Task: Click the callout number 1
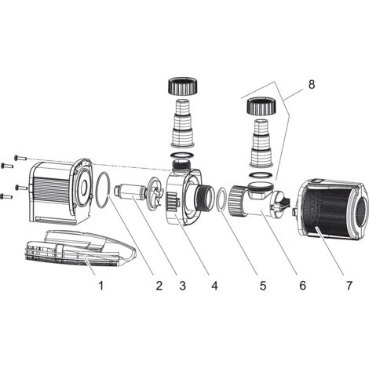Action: [101, 285]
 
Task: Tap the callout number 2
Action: [159, 285]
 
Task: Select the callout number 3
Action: [183, 285]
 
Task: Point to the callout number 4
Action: [214, 285]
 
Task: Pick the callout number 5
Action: [263, 285]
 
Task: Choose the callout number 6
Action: [302, 285]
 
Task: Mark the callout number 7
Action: [349, 285]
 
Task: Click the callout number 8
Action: [312, 85]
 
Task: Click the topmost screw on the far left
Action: [20, 158]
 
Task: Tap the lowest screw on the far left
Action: [7, 196]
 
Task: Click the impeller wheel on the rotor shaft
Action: [156, 192]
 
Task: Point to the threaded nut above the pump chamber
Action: [182, 86]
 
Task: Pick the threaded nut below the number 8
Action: [261, 106]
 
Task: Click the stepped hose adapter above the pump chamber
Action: [182, 122]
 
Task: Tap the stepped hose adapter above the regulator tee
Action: [261, 143]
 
